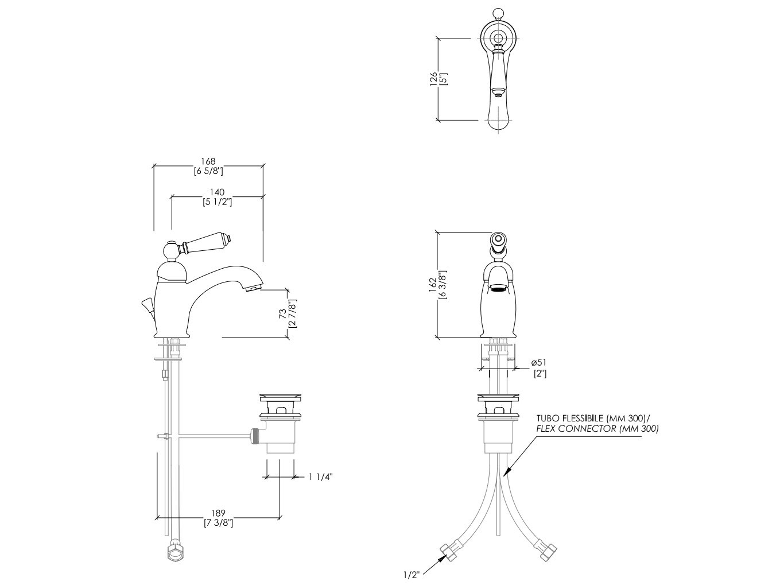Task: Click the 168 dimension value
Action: click(208, 161)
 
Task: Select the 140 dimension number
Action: click(217, 192)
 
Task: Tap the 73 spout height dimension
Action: click(282, 314)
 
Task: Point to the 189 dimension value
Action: click(218, 513)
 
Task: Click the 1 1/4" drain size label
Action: click(320, 477)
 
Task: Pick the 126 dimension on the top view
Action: click(433, 79)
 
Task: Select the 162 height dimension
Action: click(432, 285)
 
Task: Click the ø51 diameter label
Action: click(539, 362)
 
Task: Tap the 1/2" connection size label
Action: click(412, 575)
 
